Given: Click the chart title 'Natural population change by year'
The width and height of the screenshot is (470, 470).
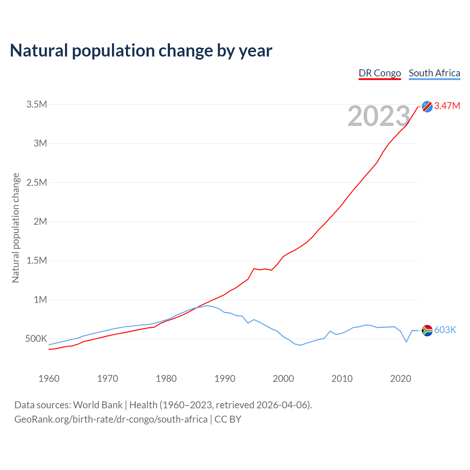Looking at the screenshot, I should pyautogui.click(x=141, y=51).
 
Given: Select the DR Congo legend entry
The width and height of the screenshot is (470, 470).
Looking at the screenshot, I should pyautogui.click(x=380, y=73).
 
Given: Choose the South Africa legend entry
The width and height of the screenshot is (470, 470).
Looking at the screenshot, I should pyautogui.click(x=434, y=73).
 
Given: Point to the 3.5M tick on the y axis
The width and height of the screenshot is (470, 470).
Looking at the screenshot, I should pyautogui.click(x=37, y=105).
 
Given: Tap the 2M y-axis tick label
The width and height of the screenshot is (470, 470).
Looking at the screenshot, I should pyautogui.click(x=40, y=221).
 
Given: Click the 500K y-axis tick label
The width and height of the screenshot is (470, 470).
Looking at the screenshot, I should pyautogui.click(x=36, y=339).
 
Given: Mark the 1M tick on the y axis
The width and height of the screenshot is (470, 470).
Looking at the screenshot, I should pyautogui.click(x=40, y=300).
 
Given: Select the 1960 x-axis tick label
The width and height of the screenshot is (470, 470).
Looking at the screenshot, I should pyautogui.click(x=49, y=379).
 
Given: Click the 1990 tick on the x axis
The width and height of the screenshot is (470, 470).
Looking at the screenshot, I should pyautogui.click(x=225, y=379).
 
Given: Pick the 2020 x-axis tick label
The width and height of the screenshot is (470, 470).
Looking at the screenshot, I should pyautogui.click(x=401, y=379).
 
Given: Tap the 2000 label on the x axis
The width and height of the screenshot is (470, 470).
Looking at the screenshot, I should pyautogui.click(x=283, y=379).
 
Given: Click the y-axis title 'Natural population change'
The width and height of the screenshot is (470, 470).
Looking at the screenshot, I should pyautogui.click(x=15, y=228).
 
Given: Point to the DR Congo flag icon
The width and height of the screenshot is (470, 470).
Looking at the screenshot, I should pyautogui.click(x=427, y=106).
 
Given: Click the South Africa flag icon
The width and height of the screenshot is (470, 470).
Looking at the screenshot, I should pyautogui.click(x=427, y=330).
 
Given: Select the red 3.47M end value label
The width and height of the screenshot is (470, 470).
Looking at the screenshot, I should pyautogui.click(x=447, y=106).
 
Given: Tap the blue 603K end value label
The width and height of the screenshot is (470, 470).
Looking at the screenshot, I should pyautogui.click(x=445, y=330).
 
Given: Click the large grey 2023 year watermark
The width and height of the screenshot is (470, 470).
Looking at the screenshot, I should pyautogui.click(x=379, y=116).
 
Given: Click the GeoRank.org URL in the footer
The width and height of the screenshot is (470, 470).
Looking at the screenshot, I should pyautogui.click(x=111, y=419).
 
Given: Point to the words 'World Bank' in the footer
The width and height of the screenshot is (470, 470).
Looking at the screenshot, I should pyautogui.click(x=98, y=405).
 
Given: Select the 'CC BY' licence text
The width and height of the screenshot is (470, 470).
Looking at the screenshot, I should pyautogui.click(x=228, y=419).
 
